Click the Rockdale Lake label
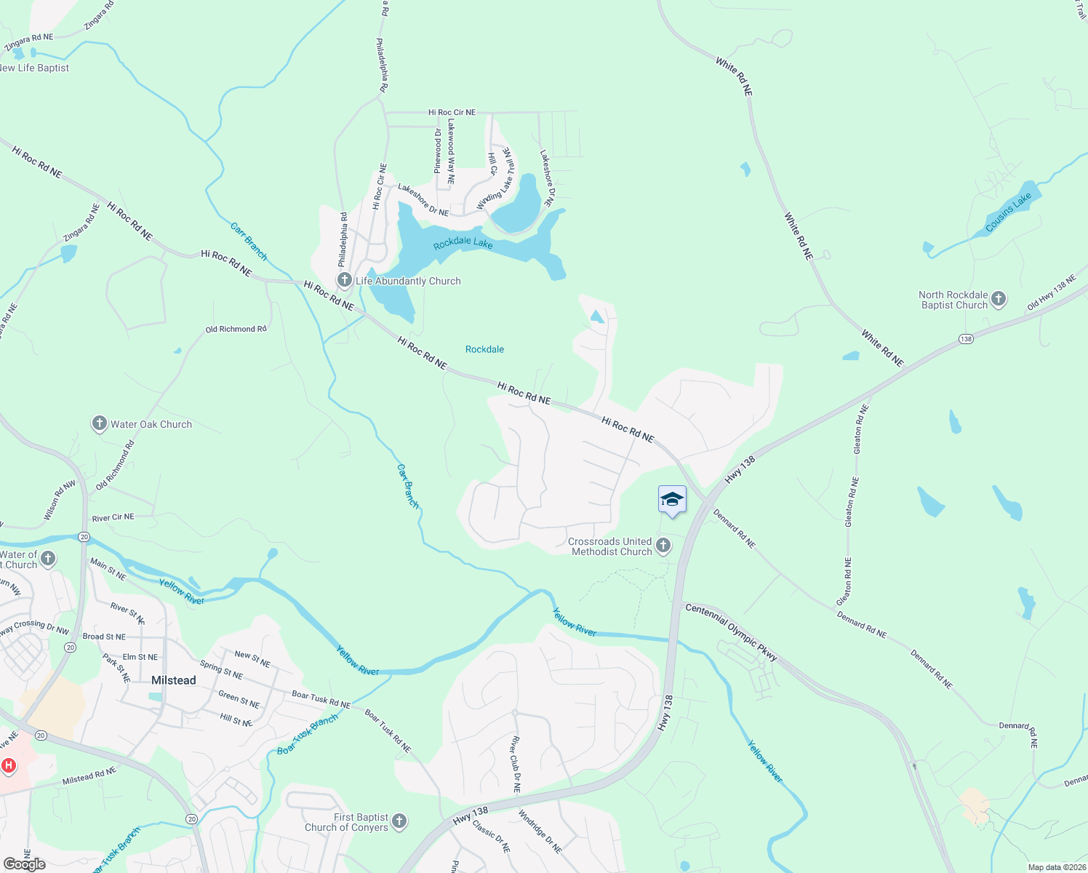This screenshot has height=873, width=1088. [x=463, y=243]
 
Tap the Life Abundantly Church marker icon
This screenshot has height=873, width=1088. [x=345, y=281]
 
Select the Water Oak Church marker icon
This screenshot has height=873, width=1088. [x=100, y=424]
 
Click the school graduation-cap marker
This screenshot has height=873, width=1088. [x=672, y=500]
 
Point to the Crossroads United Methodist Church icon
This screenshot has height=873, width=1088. [x=663, y=546]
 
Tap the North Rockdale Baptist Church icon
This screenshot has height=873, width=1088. [x=999, y=298]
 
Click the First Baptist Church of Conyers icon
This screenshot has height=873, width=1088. [x=399, y=821]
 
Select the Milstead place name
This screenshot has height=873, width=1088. [x=173, y=680]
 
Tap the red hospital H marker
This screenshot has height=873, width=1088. [x=9, y=765]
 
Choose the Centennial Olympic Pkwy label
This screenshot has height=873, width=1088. [x=731, y=634]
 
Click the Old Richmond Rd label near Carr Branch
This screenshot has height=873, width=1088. [x=236, y=330]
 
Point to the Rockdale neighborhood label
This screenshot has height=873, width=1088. [x=484, y=350]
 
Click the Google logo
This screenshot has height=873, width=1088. [x=25, y=864]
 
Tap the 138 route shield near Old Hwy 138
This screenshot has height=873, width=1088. [x=966, y=339]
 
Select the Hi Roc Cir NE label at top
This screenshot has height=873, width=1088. [x=452, y=113]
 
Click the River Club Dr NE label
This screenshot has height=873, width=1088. [x=516, y=764]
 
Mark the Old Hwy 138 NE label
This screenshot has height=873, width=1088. [x=1051, y=292]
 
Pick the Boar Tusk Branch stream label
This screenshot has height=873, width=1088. [x=308, y=735]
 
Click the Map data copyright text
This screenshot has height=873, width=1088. [x=1057, y=867]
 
